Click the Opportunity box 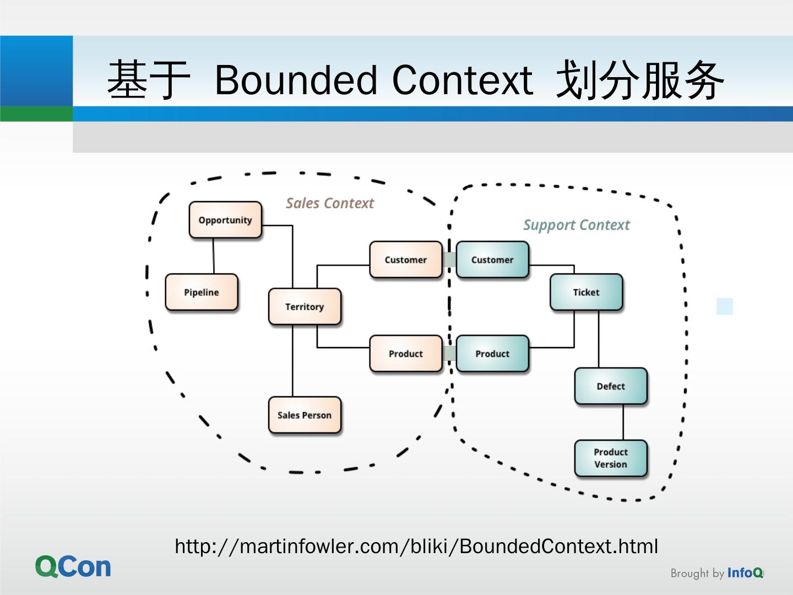tap(225, 220)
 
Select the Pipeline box tap(202, 292)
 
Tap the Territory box tap(305, 306)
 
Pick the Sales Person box tap(305, 415)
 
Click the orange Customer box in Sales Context tap(406, 259)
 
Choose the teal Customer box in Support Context tap(492, 259)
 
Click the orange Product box tap(406, 354)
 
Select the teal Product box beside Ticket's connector tap(492, 354)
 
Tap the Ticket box tap(586, 292)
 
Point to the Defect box tap(611, 386)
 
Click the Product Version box tap(611, 458)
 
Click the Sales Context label tap(329, 203)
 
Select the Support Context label tap(576, 225)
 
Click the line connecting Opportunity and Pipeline tap(214, 256)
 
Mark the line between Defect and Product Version tap(623, 422)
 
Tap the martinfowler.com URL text tap(416, 546)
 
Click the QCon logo tap(73, 566)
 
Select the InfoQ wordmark tap(745, 573)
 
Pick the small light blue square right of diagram tap(725, 306)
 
